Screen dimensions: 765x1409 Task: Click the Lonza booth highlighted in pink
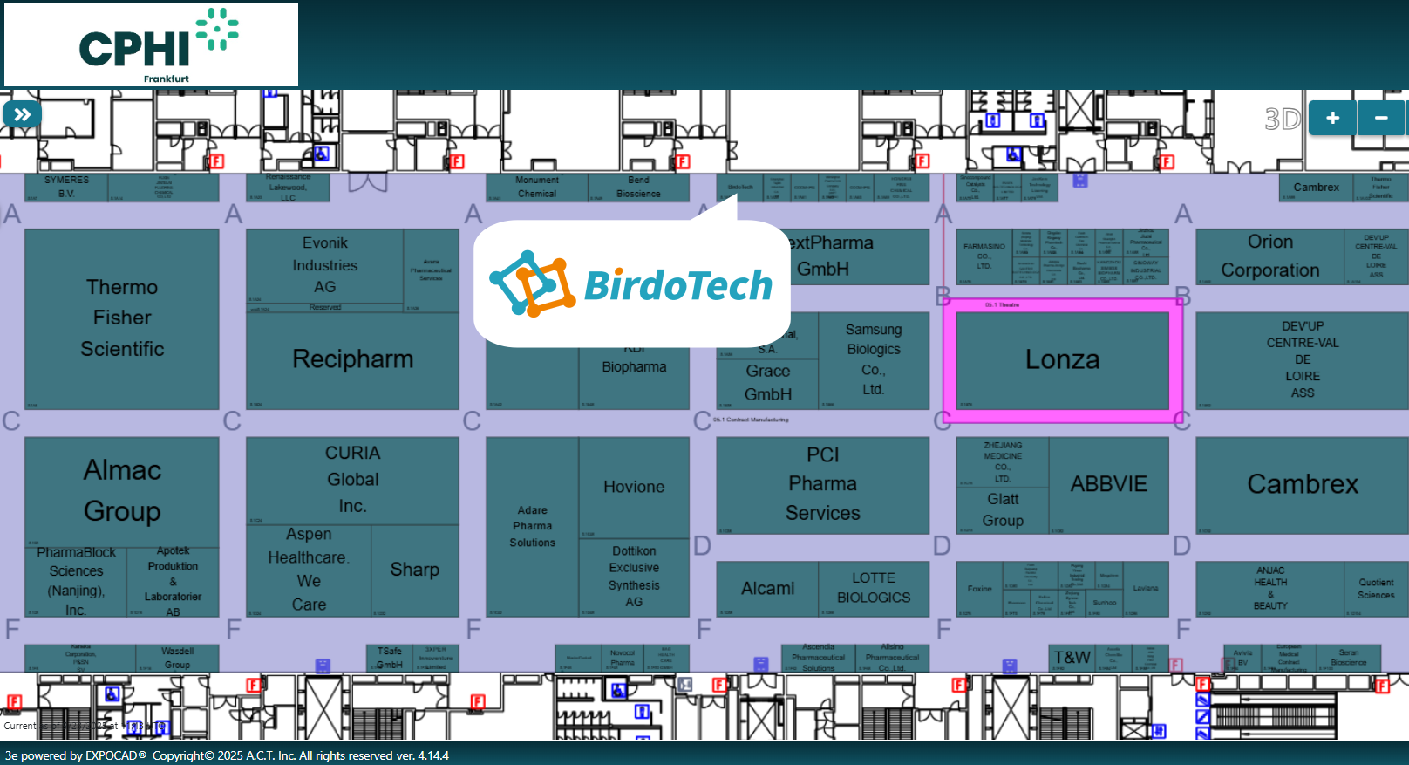pyautogui.click(x=1062, y=359)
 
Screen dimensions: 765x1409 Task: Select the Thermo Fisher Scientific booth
pyautogui.click(x=122, y=318)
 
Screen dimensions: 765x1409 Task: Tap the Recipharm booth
pyautogui.click(x=352, y=359)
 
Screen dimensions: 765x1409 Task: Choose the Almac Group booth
pyautogui.click(x=122, y=490)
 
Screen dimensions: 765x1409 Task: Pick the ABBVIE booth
pyautogui.click(x=1108, y=485)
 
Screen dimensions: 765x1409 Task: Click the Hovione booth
pyautogui.click(x=634, y=488)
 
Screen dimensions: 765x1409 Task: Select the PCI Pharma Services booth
pyautogui.click(x=822, y=484)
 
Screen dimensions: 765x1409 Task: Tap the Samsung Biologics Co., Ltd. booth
pyautogui.click(x=873, y=359)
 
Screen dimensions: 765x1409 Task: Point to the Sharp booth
pyautogui.click(x=414, y=570)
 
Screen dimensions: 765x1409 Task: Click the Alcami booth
pyautogui.click(x=767, y=589)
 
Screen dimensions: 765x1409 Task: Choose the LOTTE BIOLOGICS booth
pyautogui.click(x=873, y=589)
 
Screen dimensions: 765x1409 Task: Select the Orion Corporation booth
pyautogui.click(x=1269, y=256)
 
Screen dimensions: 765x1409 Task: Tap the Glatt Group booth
pyautogui.click(x=1003, y=510)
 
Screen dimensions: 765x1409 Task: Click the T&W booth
pyautogui.click(x=1072, y=658)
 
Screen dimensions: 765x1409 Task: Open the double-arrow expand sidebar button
pyautogui.click(x=22, y=114)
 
